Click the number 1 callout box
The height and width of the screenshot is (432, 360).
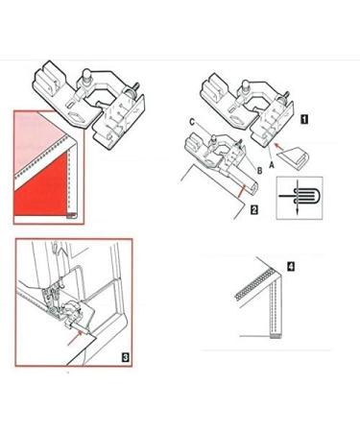302,121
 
